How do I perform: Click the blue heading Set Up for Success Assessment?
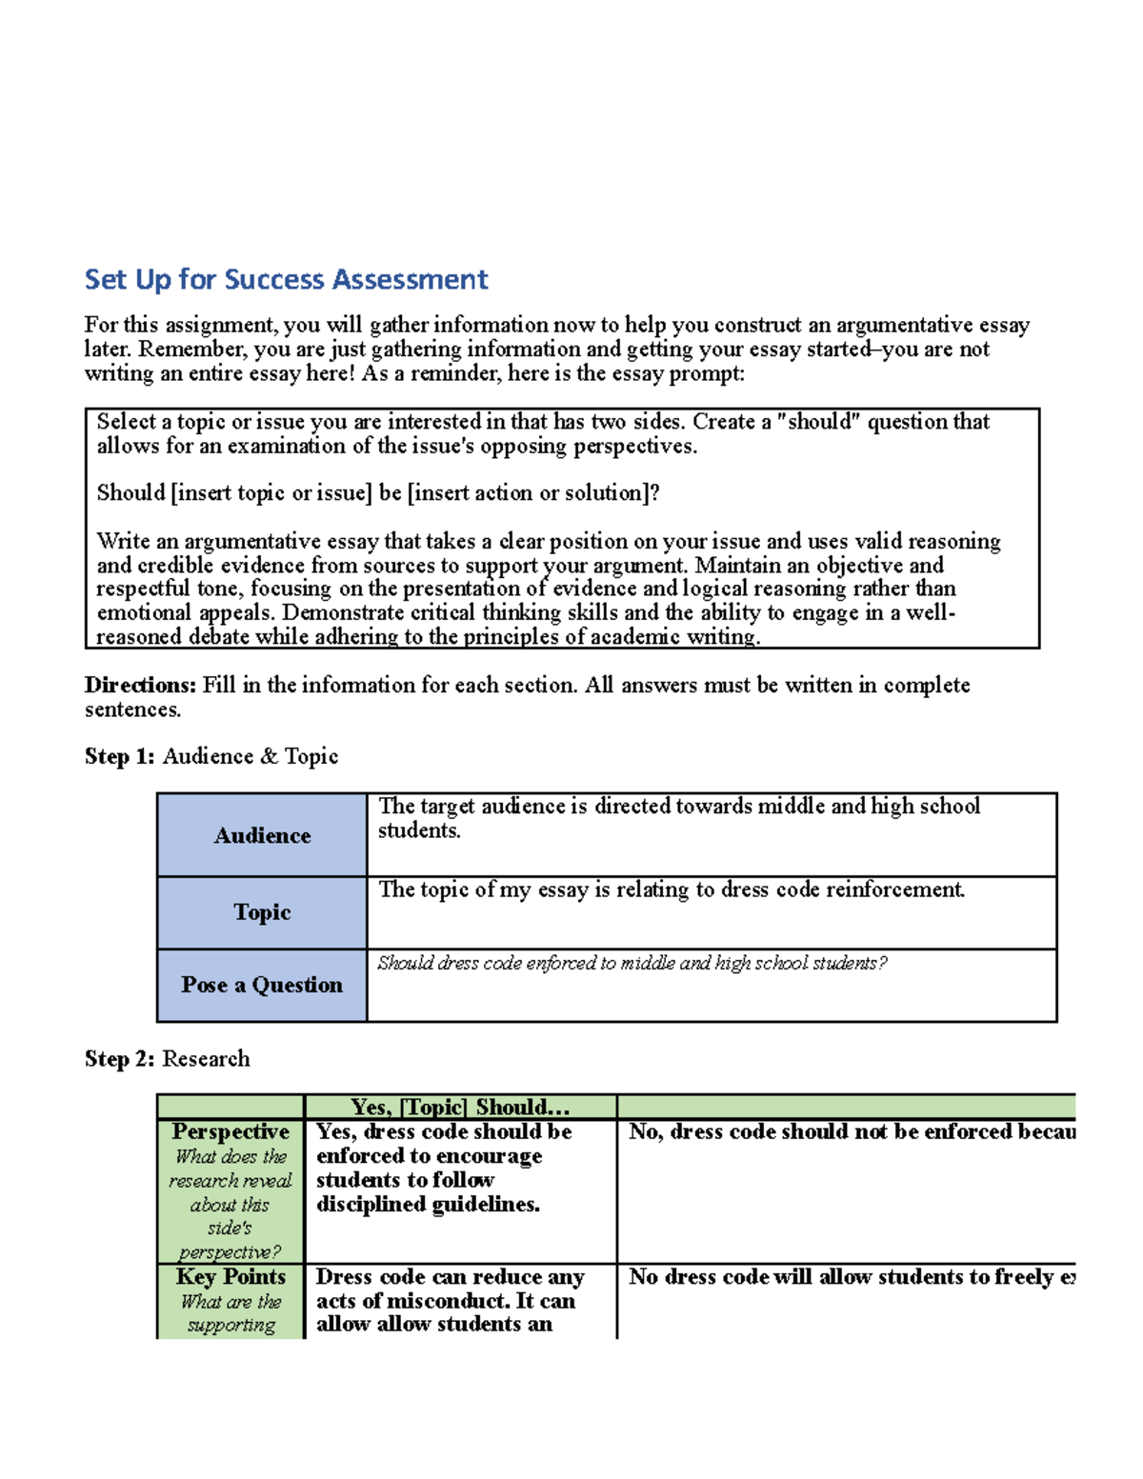point(286,279)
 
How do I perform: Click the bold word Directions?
point(140,685)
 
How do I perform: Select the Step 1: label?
point(119,756)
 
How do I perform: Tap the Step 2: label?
point(119,1058)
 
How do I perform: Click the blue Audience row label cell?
point(262,835)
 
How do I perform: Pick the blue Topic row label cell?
point(262,912)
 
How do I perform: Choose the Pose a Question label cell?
point(262,985)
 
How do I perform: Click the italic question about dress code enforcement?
point(632,963)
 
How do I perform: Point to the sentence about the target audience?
point(678,817)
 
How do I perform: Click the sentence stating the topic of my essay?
point(672,889)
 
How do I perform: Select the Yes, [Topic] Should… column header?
point(460,1107)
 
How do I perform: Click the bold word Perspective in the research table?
point(231,1131)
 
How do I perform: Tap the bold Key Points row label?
point(231,1276)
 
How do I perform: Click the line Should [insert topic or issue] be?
point(378,492)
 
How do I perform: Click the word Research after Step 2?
point(206,1058)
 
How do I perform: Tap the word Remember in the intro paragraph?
point(180,349)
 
